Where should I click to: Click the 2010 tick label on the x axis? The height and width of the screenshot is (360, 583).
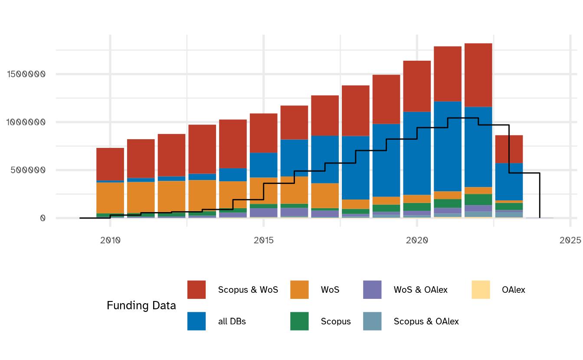point(110,240)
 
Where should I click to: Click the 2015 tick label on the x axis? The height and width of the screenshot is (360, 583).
point(263,240)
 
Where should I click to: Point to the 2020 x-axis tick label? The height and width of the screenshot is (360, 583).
point(417,240)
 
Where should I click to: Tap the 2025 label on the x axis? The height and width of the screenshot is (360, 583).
point(570,240)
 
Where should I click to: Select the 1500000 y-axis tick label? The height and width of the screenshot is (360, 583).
point(26,74)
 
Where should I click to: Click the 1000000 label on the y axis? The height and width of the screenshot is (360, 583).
point(26,122)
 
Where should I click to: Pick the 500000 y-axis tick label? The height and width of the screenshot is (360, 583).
point(29,170)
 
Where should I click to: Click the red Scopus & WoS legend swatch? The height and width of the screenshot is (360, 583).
point(197,290)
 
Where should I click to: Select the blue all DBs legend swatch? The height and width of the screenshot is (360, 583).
point(197,321)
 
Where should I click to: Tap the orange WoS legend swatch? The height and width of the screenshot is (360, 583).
point(299,290)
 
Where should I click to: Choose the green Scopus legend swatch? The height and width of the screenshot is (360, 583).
point(299,321)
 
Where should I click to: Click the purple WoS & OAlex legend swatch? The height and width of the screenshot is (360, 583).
point(372,290)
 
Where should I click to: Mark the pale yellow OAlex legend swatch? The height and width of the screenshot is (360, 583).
point(481,290)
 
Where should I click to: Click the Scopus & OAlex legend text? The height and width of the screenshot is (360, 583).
point(426,321)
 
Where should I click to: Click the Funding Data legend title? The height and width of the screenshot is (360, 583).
point(141,306)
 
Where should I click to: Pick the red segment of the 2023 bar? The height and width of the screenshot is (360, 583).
point(509,149)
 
